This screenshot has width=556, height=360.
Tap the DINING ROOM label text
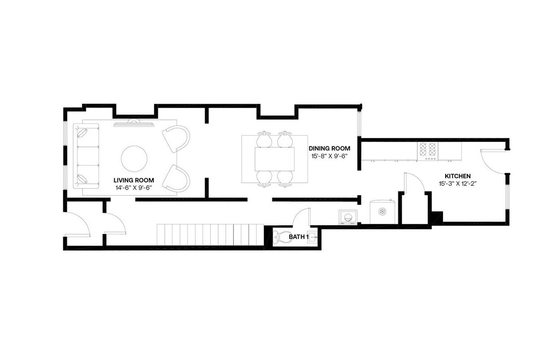point(329,148)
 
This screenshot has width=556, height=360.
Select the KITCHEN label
point(457,176)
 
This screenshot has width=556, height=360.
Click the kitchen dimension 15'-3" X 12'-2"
point(457,184)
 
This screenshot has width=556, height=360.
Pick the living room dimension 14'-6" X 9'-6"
point(133,188)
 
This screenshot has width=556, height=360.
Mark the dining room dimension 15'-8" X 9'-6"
point(329,156)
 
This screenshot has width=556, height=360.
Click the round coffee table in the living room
point(134,158)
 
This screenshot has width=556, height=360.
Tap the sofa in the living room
point(86,156)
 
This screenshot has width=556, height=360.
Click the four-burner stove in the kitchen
point(428,151)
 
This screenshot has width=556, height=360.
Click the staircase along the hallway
point(209,234)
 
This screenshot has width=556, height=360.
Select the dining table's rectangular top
point(274,159)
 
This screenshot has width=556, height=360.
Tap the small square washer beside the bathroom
point(348,217)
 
